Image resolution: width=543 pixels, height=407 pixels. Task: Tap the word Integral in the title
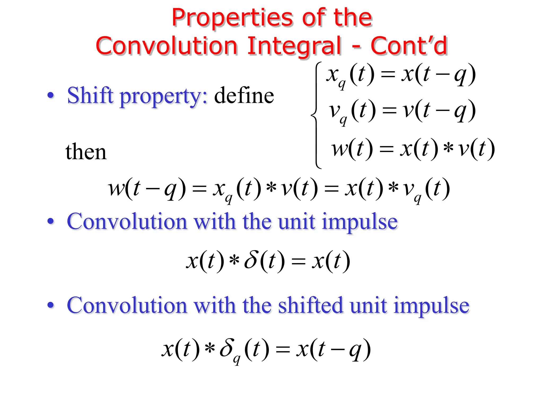[x=294, y=46]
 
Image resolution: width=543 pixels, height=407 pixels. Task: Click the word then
[x=86, y=152]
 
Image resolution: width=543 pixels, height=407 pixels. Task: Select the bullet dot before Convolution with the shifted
[x=50, y=305]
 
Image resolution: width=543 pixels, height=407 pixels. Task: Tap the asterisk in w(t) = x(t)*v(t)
[x=448, y=148]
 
